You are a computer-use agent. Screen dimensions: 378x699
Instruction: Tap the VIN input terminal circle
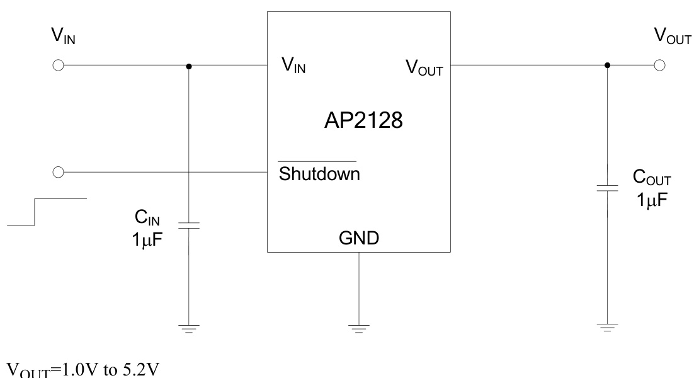(58, 66)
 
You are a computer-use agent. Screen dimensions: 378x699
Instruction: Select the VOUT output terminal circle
(659, 66)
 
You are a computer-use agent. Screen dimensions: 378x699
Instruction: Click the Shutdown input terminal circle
(58, 171)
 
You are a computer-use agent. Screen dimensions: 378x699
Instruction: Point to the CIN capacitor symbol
(188, 225)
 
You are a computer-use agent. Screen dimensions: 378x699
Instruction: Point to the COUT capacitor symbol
(607, 188)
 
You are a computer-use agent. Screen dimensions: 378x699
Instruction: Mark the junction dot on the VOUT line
(607, 66)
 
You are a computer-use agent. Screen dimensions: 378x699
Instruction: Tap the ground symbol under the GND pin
(358, 328)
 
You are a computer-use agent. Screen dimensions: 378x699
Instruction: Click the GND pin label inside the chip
(358, 239)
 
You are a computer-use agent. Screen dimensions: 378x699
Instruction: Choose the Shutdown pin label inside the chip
(319, 174)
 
